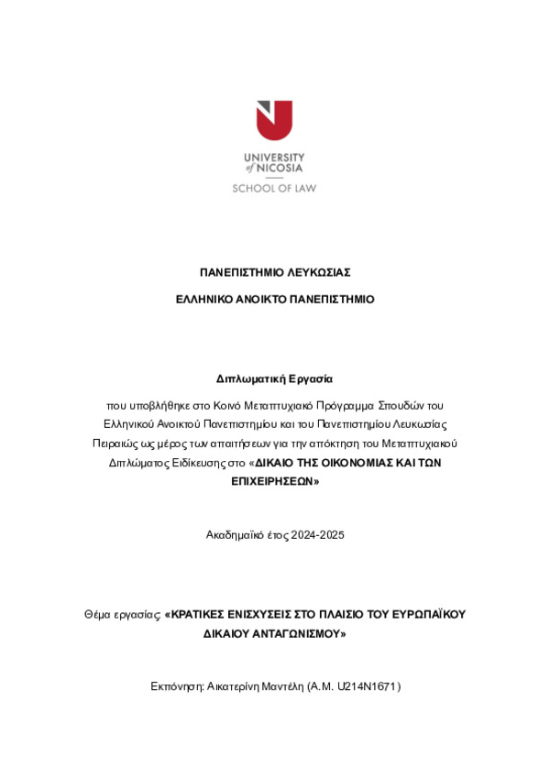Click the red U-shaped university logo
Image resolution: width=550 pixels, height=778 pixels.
pyautogui.click(x=274, y=120)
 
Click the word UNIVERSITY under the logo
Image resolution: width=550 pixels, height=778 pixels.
pyautogui.click(x=274, y=158)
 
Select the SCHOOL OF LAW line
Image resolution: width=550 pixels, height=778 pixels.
pyautogui.click(x=274, y=188)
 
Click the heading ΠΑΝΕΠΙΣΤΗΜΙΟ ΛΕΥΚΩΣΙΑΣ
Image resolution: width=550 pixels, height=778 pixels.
pyautogui.click(x=275, y=273)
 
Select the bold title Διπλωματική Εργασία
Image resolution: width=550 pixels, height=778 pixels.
pyautogui.click(x=275, y=378)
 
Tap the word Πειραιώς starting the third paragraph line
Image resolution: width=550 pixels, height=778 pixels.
pyautogui.click(x=114, y=443)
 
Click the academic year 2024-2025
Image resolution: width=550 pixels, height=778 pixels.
pyautogui.click(x=313, y=534)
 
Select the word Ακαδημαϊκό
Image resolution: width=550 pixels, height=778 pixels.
pyautogui.click(x=235, y=534)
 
